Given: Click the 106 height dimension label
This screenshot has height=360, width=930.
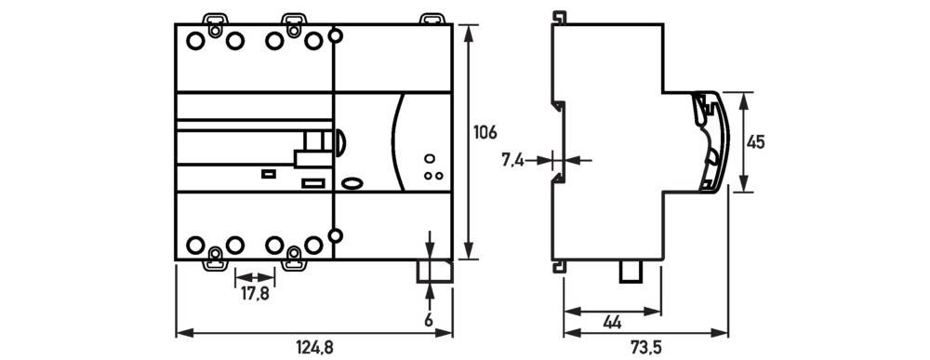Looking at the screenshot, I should pos(485,133).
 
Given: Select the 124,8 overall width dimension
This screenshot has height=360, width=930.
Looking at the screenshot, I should pos(314,347).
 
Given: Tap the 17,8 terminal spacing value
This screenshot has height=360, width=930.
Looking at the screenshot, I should pos(254,293).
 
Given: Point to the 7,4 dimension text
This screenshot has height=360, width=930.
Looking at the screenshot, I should pos(513,160).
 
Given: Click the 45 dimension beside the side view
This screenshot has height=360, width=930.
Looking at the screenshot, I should pos(756,142).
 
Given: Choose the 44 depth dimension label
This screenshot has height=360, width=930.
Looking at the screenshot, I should pos(612,323).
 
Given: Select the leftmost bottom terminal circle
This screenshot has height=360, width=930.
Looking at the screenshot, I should pos(195,245).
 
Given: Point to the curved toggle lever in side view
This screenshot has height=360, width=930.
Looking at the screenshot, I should pos(713,140).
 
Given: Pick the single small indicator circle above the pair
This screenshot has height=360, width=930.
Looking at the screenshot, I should pos(430,159).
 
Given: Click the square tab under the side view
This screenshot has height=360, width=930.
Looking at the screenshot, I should pos(634,271).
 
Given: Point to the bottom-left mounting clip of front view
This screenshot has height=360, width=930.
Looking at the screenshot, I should pos(215,258).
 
